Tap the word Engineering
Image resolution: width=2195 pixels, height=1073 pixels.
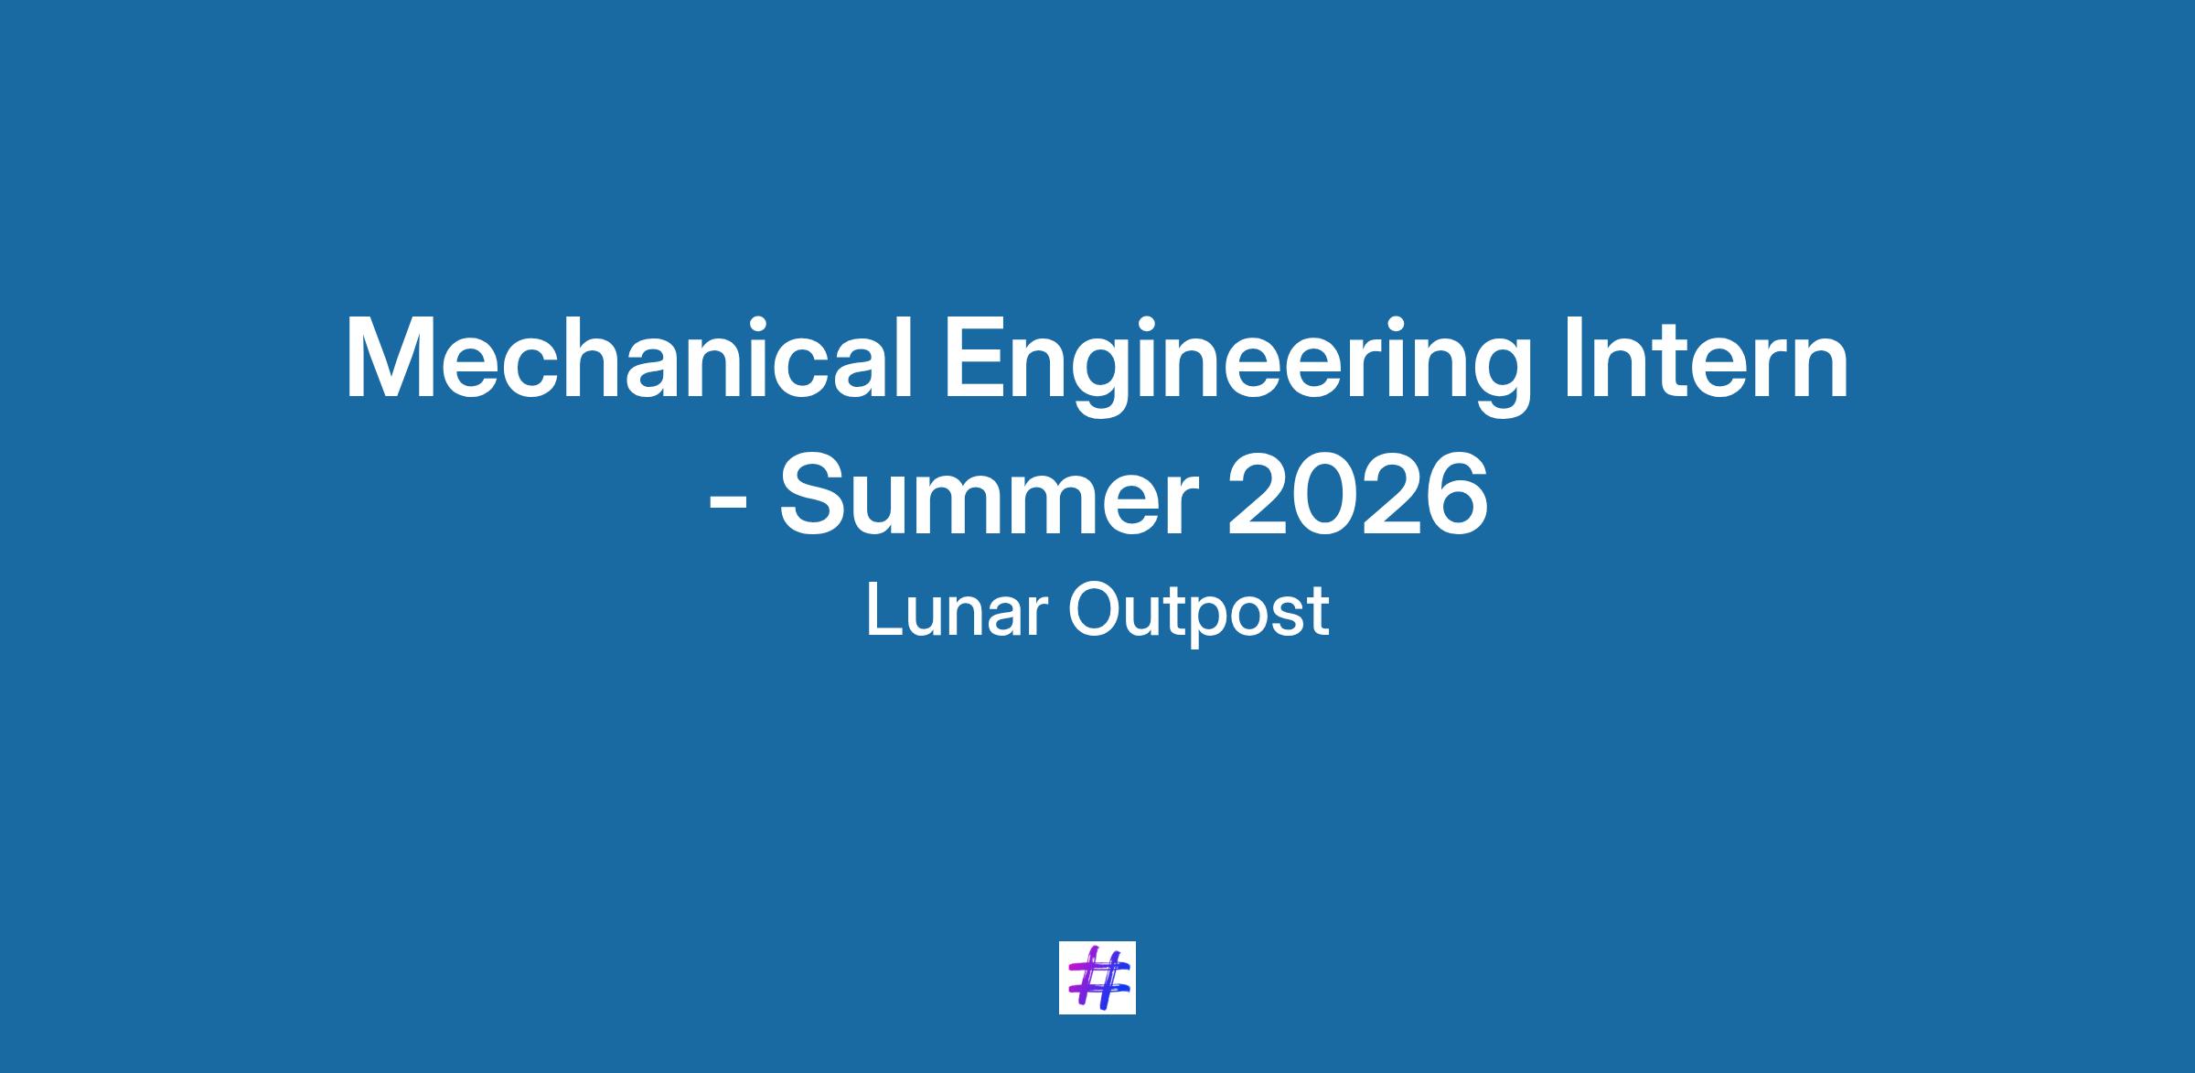coord(1237,366)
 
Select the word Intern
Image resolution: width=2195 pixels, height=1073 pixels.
coord(1706,358)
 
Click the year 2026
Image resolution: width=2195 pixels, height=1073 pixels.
coord(1358,495)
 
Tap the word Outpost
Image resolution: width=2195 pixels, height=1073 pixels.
coord(1198,616)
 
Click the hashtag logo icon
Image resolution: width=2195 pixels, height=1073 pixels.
coord(1097,977)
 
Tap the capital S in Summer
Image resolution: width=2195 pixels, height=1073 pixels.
coord(814,495)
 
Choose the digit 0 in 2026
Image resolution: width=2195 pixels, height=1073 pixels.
coord(1325,495)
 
